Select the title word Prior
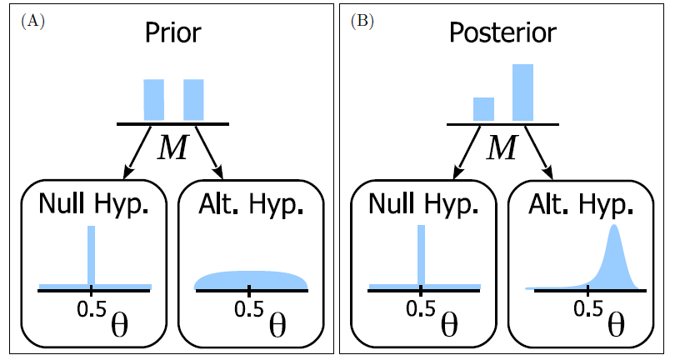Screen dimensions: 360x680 pos(173,32)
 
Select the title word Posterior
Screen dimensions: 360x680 pos(502,32)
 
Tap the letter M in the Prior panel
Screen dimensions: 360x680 pos(172,148)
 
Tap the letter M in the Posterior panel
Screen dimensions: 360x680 pos(502,148)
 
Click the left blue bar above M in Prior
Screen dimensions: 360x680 pos(154,99)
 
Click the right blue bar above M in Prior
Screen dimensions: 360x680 pos(193,99)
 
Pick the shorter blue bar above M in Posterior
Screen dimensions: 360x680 pos(484,109)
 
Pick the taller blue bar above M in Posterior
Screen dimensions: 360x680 pos(522,92)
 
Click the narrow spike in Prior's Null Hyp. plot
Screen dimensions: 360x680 pos(91,254)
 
